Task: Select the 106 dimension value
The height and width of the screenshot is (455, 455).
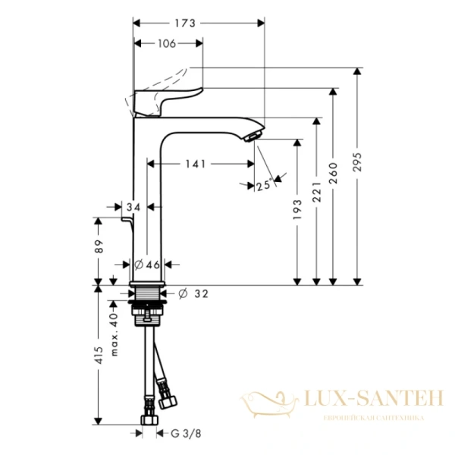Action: (168, 43)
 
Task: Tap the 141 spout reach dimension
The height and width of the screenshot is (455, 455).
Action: (198, 163)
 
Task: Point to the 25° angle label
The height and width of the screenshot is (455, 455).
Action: (264, 184)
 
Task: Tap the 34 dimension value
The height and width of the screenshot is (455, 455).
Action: (134, 206)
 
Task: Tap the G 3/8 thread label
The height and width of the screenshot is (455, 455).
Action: (181, 434)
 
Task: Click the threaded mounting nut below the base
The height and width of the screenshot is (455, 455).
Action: (147, 307)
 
